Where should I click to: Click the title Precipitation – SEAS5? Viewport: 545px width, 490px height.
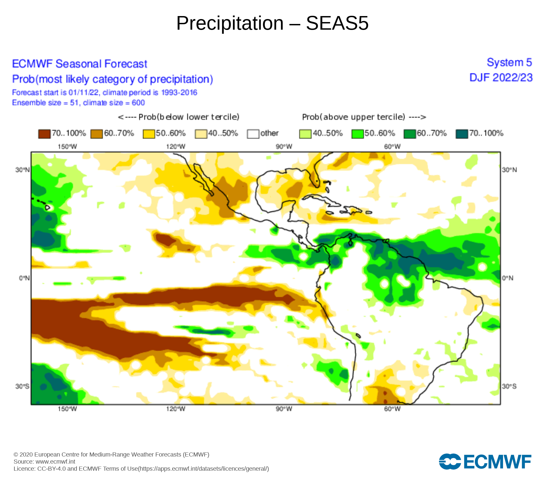pyautogui.click(x=272, y=23)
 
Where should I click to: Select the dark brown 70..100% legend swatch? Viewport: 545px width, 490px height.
pyautogui.click(x=44, y=134)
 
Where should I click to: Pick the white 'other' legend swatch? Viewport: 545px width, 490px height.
pyautogui.click(x=253, y=134)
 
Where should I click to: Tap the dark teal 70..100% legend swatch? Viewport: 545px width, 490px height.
pyautogui.click(x=462, y=134)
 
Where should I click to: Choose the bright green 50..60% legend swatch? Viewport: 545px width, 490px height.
pyautogui.click(x=358, y=134)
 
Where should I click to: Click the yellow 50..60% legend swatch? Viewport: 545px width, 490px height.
pyautogui.click(x=149, y=134)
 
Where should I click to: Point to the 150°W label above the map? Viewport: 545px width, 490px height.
pyautogui.click(x=67, y=147)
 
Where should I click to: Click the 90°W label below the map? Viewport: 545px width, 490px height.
pyautogui.click(x=284, y=409)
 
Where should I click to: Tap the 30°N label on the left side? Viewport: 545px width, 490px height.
pyautogui.click(x=22, y=170)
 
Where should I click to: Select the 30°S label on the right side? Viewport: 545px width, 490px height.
pyautogui.click(x=509, y=386)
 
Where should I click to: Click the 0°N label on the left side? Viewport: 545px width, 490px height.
pyautogui.click(x=24, y=278)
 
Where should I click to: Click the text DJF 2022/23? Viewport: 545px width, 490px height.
pyautogui.click(x=501, y=78)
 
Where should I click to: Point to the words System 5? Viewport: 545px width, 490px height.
pyautogui.click(x=509, y=63)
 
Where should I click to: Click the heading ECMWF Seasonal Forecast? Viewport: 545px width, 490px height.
pyautogui.click(x=80, y=64)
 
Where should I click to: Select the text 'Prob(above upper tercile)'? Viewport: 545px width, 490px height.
pyautogui.click(x=354, y=117)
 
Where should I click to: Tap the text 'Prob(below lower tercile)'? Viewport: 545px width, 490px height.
pyautogui.click(x=189, y=117)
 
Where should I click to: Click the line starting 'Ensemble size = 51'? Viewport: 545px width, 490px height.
pyautogui.click(x=78, y=103)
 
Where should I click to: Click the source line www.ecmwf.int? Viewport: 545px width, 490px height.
pyautogui.click(x=44, y=462)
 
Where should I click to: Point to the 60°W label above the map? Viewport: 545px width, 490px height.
pyautogui.click(x=392, y=147)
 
